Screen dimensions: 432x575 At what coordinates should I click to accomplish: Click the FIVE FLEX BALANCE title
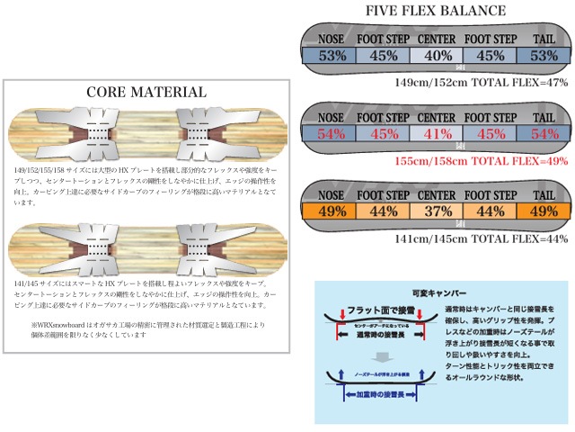(436, 12)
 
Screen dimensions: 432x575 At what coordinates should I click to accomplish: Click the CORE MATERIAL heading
(147, 92)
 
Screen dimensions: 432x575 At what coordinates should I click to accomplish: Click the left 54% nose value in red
(332, 135)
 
